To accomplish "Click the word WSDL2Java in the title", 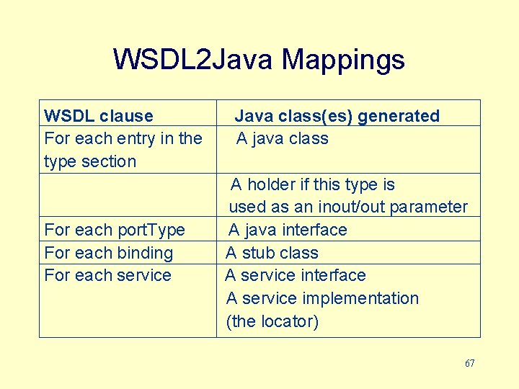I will (x=193, y=60).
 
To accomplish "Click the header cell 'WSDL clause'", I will (x=99, y=116).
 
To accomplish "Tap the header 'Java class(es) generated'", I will (x=337, y=116).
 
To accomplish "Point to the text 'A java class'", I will (x=283, y=138).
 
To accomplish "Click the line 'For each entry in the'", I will (x=123, y=138).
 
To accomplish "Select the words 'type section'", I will (x=90, y=161).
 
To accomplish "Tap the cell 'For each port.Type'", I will (x=115, y=230).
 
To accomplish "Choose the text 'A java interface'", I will (x=288, y=230).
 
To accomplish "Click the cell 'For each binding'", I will (x=109, y=253).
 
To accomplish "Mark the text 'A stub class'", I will (x=272, y=253).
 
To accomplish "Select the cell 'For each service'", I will (x=108, y=275).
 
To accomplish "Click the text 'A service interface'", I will (x=296, y=275).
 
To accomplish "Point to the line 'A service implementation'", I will (x=322, y=298).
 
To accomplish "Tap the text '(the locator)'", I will (x=272, y=321).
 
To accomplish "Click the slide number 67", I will (x=469, y=363).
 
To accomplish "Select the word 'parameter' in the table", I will (x=430, y=207).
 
